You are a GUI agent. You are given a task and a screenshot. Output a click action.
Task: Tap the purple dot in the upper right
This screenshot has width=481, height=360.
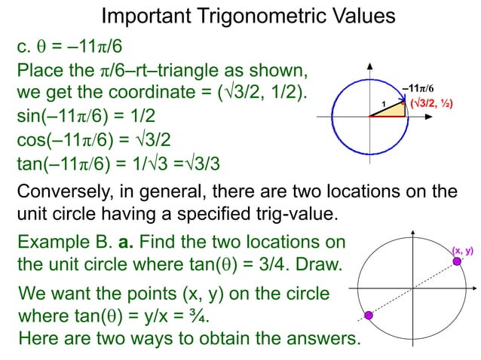coord(457,261)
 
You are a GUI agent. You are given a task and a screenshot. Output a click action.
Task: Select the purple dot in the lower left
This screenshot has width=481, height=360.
coord(369,315)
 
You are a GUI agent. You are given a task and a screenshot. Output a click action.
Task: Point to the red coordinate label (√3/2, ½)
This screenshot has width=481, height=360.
coord(431,102)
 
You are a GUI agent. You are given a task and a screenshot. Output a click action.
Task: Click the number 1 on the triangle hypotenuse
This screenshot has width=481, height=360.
coord(382,103)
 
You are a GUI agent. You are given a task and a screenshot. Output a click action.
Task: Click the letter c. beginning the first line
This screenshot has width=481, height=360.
coord(24,48)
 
